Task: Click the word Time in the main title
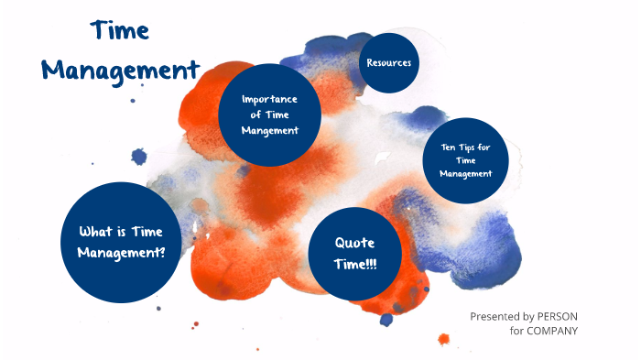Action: pyautogui.click(x=120, y=32)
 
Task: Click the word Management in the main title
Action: pyautogui.click(x=121, y=70)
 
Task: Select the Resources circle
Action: pyautogui.click(x=388, y=62)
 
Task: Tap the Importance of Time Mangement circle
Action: pyautogui.click(x=270, y=115)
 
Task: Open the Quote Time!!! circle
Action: pyautogui.click(x=355, y=253)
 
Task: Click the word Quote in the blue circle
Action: pyautogui.click(x=355, y=243)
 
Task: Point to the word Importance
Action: pyautogui.click(x=270, y=99)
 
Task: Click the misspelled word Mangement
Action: pyautogui.click(x=271, y=130)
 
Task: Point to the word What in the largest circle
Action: pyautogui.click(x=96, y=232)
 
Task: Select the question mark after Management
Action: pyautogui.click(x=162, y=251)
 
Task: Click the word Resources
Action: pyautogui.click(x=388, y=62)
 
